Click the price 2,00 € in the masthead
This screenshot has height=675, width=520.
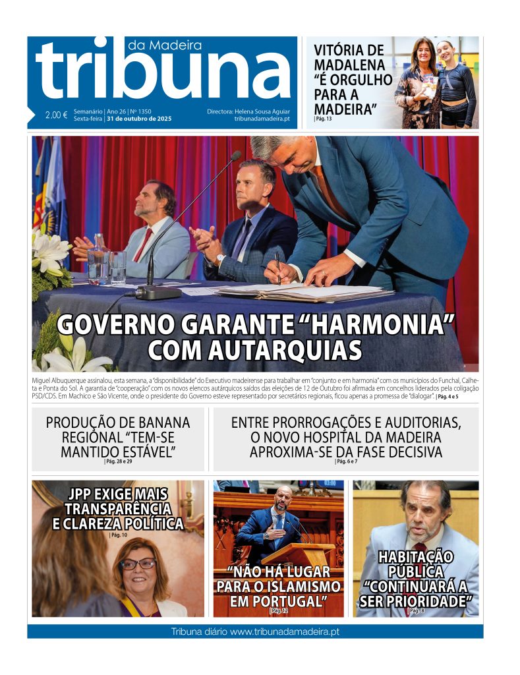57,115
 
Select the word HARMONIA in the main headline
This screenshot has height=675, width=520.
387,326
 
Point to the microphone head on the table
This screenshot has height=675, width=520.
235,156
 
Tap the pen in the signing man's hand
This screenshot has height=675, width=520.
277,267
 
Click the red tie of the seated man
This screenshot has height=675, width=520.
143,245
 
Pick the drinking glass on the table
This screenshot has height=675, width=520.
118,266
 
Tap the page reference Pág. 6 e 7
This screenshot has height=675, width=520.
346,461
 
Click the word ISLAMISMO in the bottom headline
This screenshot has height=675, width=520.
303,586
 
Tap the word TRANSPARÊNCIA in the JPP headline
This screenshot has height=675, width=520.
118,509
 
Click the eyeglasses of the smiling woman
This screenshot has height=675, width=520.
138,564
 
